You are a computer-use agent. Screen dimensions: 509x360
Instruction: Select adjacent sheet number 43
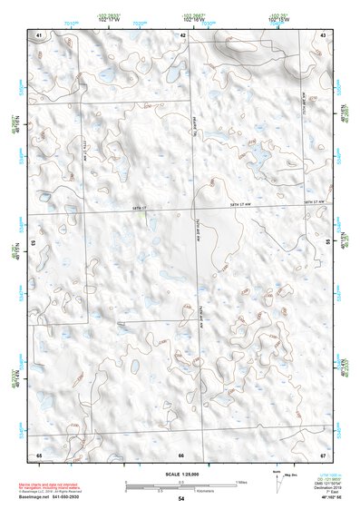pyautogui.click(x=323, y=34)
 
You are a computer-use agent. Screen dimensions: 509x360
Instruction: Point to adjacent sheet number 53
pyautogui.click(x=34, y=243)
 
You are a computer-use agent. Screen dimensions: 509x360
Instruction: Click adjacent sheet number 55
pyautogui.click(x=327, y=243)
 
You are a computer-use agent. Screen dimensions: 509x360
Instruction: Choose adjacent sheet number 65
pyautogui.click(x=39, y=454)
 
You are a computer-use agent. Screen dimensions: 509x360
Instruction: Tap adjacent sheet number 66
pyautogui.click(x=181, y=454)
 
